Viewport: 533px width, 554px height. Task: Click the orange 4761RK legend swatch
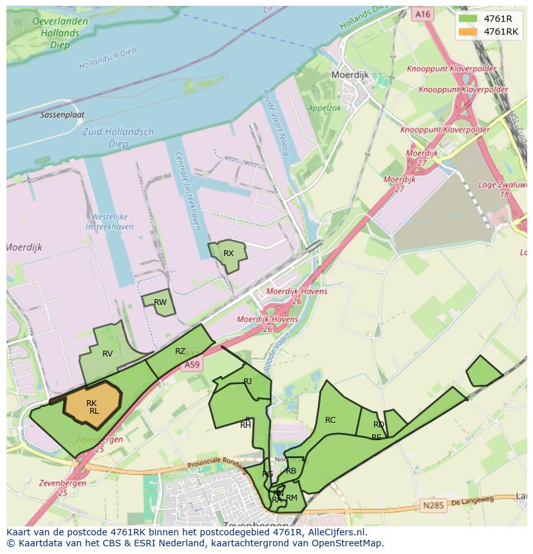point(468,32)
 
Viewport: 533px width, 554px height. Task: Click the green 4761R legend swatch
point(468,19)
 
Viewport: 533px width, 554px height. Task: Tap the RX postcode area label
point(229,254)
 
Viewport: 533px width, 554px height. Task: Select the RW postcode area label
point(160,302)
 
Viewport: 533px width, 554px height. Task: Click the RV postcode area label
point(108,354)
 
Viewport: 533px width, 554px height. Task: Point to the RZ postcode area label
point(180,351)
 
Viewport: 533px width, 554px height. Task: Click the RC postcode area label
point(330,420)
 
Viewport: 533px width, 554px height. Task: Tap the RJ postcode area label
point(248,382)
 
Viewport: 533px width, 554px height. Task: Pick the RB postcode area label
point(291,471)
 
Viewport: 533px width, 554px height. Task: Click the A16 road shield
point(422,14)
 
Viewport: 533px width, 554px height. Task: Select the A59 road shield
point(192,365)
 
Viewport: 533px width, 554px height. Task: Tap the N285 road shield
point(433,506)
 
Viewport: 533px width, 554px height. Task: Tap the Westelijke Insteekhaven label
point(109,222)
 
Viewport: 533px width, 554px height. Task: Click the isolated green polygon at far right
point(483,372)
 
